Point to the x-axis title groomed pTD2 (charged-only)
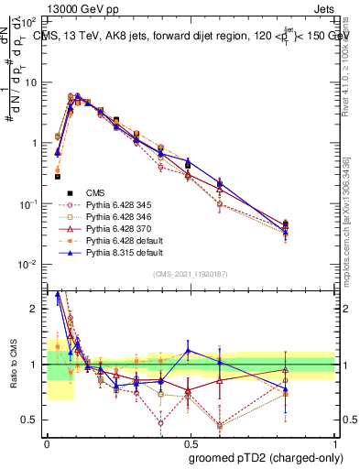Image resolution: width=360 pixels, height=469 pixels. click(x=266, y=456)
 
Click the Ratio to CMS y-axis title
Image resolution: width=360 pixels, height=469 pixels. click(x=12, y=365)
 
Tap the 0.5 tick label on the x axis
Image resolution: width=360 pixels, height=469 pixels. click(x=191, y=442)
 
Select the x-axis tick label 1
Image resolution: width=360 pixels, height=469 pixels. click(x=335, y=442)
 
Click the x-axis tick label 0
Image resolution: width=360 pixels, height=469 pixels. click(x=47, y=442)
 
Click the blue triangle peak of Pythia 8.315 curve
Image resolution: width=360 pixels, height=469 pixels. click(x=78, y=95)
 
